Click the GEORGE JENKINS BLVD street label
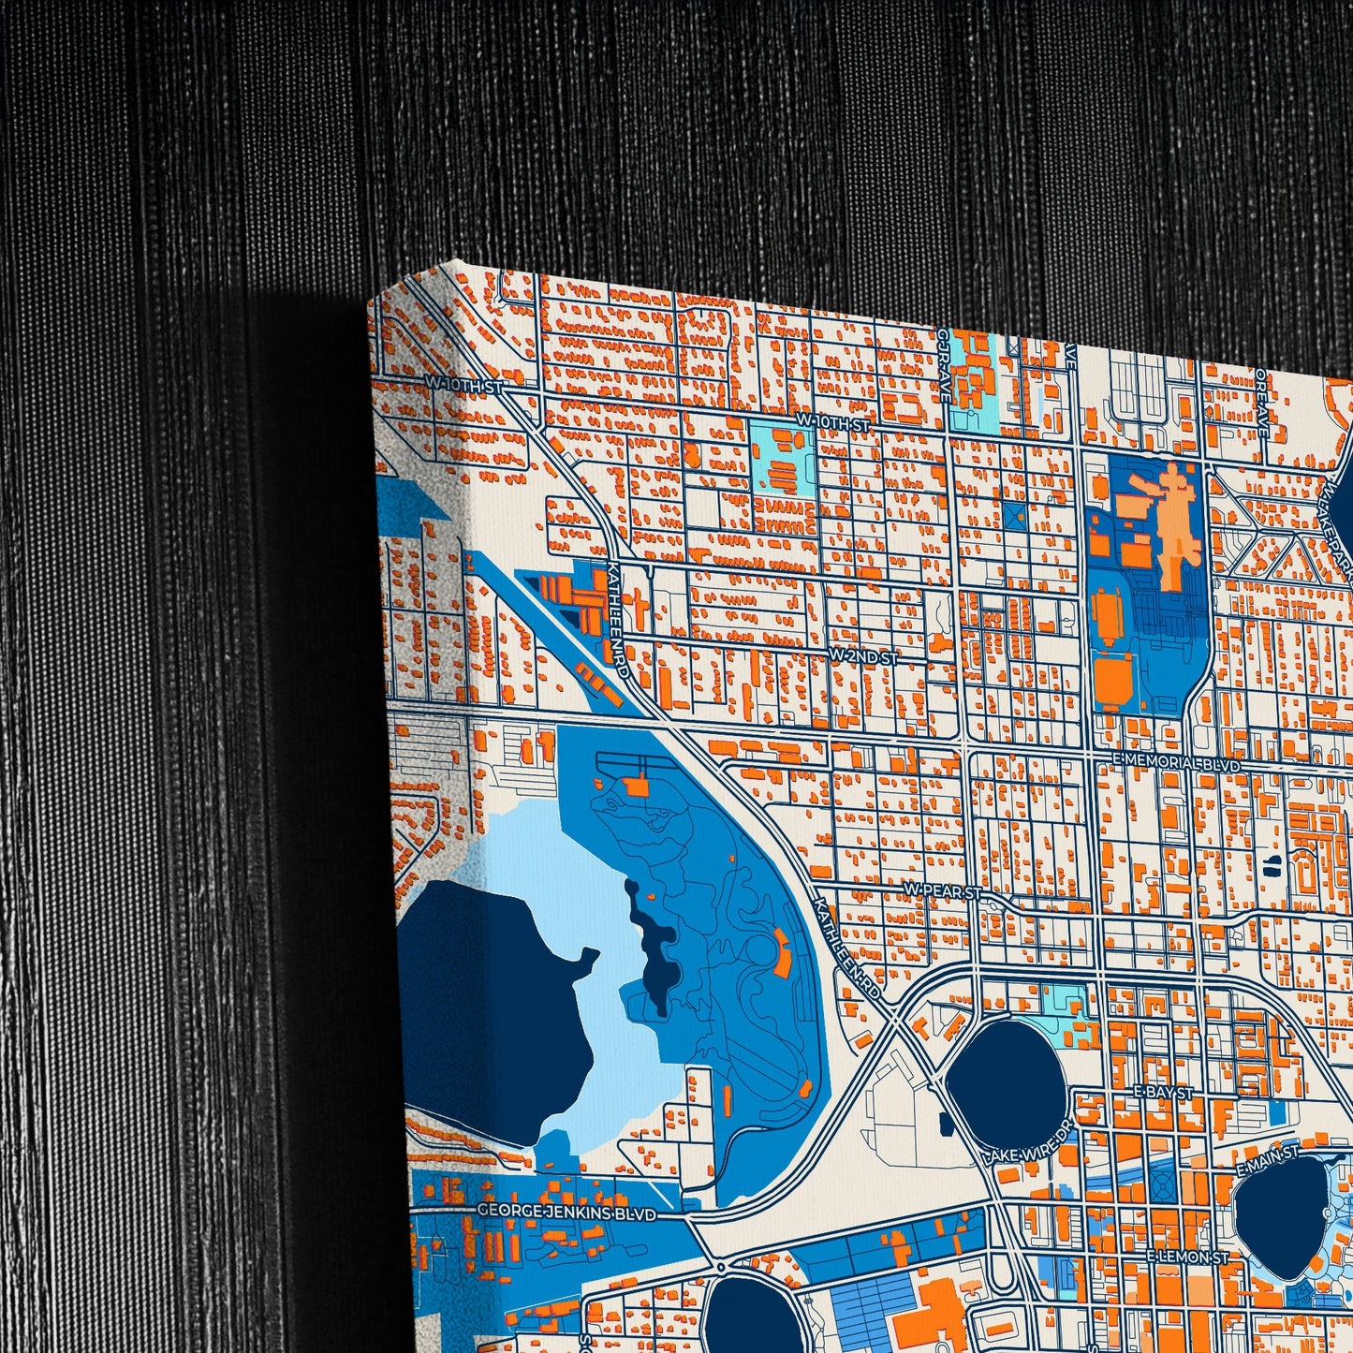566,1212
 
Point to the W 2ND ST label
863,657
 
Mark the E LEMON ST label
1188,1257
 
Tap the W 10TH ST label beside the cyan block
833,423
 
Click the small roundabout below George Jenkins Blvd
721,1267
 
